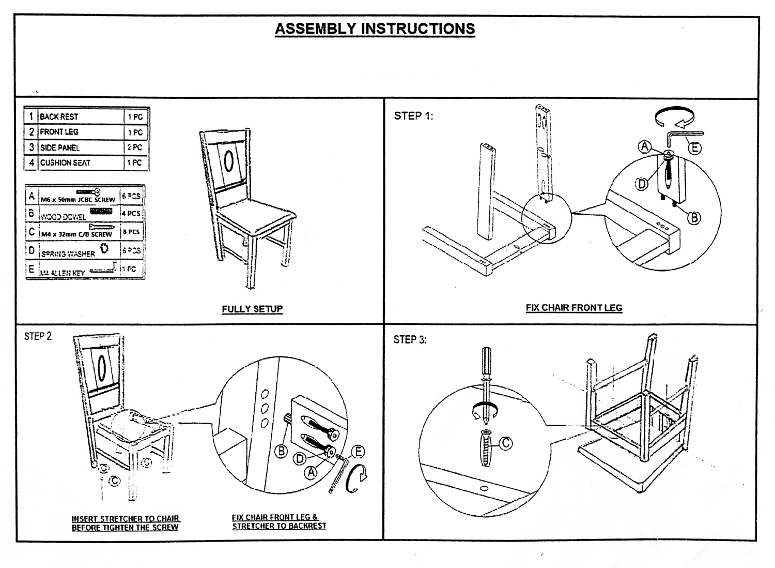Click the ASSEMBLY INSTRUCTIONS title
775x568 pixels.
(x=375, y=28)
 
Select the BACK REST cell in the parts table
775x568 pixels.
(x=59, y=117)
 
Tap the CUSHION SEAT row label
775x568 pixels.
(x=65, y=162)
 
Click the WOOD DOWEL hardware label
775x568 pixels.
(x=64, y=217)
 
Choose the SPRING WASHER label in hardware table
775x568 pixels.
(x=68, y=254)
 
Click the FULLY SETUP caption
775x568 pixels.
(x=252, y=309)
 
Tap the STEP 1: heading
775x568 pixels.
(x=413, y=116)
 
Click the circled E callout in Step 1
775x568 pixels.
(x=695, y=148)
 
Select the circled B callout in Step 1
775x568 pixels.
(x=694, y=218)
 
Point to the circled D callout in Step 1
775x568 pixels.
(x=641, y=184)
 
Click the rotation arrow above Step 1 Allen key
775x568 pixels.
(x=674, y=117)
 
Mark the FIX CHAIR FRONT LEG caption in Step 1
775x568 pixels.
(x=574, y=308)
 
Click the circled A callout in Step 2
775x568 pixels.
(x=311, y=472)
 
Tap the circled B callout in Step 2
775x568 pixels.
(x=281, y=451)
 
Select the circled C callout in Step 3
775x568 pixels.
(x=505, y=443)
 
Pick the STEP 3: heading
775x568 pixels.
(x=410, y=340)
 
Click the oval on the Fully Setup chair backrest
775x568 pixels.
(x=228, y=161)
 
